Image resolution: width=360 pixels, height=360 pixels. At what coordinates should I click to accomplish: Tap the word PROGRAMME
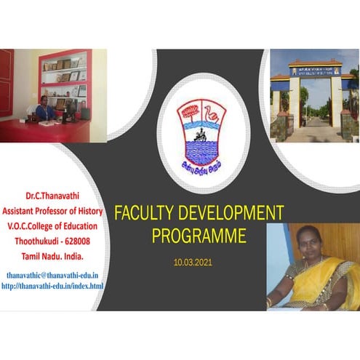pos(199,236)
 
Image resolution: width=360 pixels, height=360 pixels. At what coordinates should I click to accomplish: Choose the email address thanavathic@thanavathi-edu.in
pos(52,277)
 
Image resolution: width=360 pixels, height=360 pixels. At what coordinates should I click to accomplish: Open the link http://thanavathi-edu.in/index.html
pos(52,287)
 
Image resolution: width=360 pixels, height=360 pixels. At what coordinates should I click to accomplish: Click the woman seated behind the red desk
pos(45,109)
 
